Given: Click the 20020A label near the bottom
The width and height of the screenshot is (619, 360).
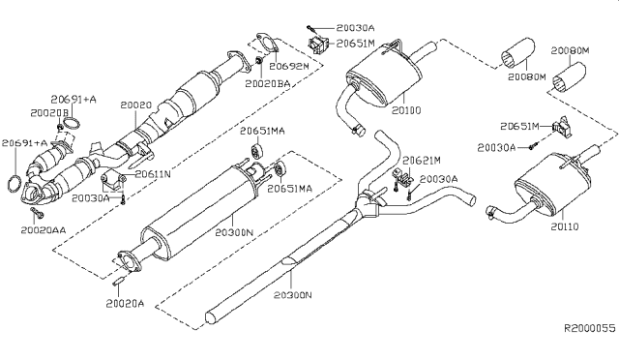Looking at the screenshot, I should pos(126,303).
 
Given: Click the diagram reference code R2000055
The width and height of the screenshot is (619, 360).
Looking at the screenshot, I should pos(588,329).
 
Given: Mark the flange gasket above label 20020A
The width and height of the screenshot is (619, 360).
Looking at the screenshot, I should pos(126,258).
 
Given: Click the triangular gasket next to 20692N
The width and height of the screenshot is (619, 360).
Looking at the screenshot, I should pos(262,42).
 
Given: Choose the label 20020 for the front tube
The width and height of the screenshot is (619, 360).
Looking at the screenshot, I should pos(135,103).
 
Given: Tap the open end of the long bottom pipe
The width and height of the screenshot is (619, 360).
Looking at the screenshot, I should pos(214,316).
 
